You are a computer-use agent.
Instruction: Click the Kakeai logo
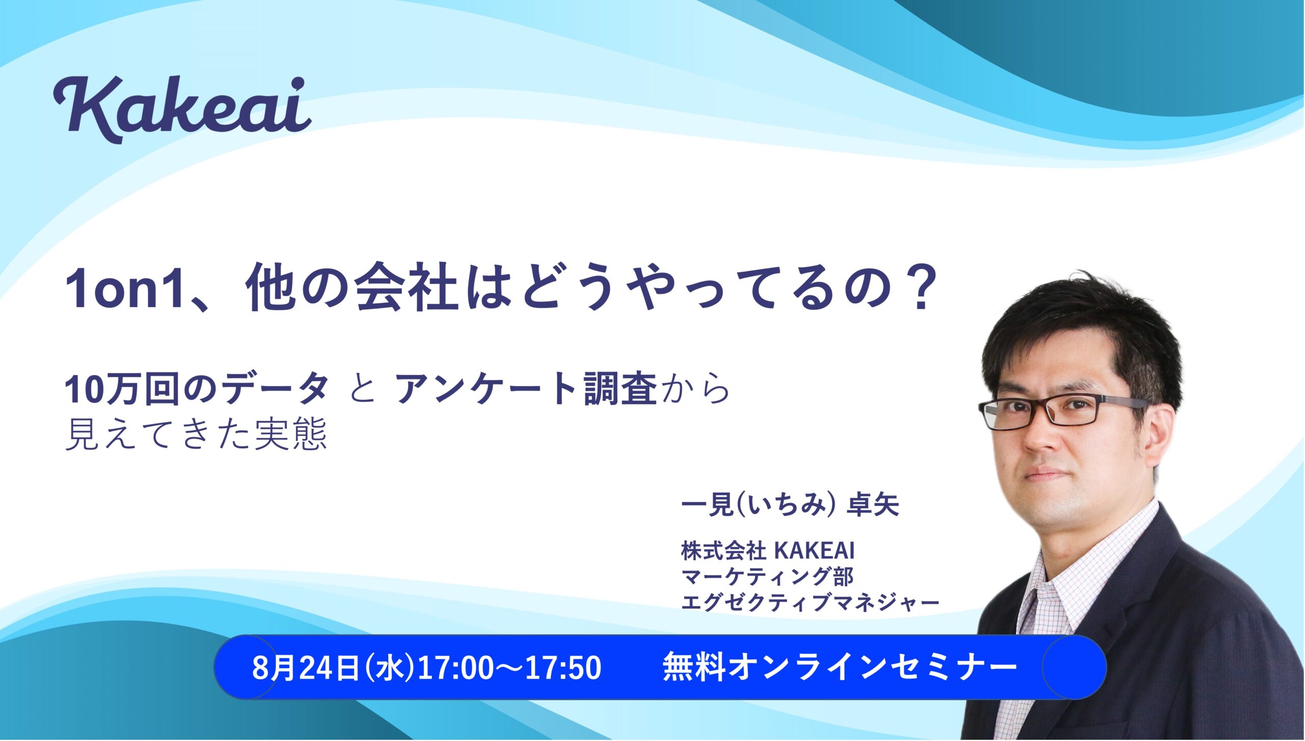[x=182, y=109]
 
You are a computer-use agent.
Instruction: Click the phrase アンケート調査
[x=526, y=389]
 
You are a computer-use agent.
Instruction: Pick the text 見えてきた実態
[x=196, y=435]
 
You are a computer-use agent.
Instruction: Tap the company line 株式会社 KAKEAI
[x=768, y=550]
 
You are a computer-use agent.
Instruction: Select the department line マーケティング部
[x=768, y=576]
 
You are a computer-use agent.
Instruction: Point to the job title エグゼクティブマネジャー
[x=811, y=602]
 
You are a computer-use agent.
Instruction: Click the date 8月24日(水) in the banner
[x=333, y=668]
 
